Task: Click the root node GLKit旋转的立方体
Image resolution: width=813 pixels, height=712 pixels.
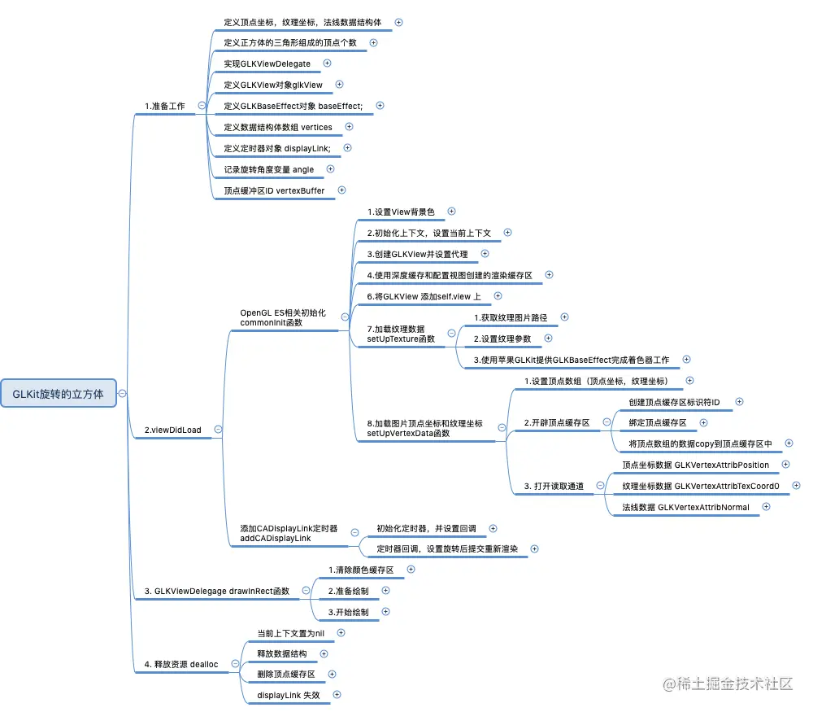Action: click(58, 393)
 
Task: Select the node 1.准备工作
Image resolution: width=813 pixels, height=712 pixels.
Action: click(164, 106)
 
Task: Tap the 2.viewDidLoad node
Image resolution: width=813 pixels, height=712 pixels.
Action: click(172, 430)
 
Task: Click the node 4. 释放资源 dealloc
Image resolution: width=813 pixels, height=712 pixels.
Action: click(181, 664)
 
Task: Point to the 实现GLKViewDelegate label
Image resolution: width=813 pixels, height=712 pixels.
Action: click(267, 63)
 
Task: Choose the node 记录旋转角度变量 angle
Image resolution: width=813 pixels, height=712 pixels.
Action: click(268, 169)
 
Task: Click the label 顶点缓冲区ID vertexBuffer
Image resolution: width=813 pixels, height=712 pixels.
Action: click(274, 190)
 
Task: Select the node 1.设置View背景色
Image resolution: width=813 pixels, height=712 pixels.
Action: click(401, 212)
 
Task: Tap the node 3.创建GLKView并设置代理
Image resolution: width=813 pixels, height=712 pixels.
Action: click(417, 255)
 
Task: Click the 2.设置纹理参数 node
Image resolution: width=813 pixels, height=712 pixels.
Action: click(502, 339)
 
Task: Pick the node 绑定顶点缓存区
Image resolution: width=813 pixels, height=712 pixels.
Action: click(658, 423)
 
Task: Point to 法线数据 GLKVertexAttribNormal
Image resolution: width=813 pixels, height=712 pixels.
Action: click(686, 508)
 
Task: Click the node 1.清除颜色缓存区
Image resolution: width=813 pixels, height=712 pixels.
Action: click(360, 570)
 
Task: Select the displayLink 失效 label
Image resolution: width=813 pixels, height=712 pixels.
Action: click(289, 695)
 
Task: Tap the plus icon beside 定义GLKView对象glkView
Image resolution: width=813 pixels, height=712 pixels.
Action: click(340, 84)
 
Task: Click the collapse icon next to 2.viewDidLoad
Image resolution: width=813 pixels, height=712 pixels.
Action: click(218, 430)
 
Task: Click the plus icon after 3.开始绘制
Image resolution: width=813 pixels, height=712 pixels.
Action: click(385, 611)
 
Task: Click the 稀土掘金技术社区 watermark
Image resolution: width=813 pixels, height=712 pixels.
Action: click(728, 684)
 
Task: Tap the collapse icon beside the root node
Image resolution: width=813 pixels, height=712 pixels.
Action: click(122, 393)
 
